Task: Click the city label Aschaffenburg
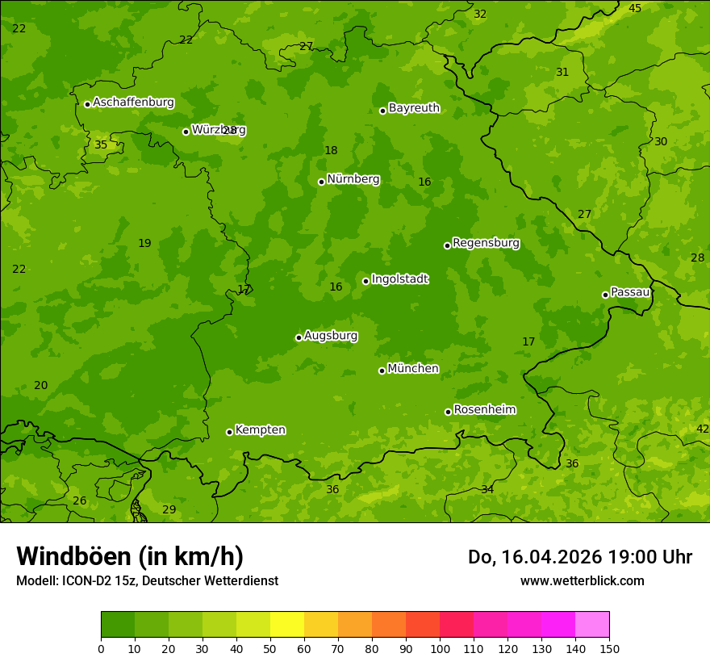[133, 103]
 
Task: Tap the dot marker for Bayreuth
[382, 111]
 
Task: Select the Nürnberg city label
[353, 179]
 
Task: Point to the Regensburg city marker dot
[447, 245]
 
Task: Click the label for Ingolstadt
[399, 279]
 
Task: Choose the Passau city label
[630, 292]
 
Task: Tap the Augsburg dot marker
[299, 337]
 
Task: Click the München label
[413, 369]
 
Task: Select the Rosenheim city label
[484, 410]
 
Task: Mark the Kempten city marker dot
[229, 432]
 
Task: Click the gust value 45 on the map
[635, 8]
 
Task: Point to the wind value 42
[703, 429]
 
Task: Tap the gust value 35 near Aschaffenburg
[101, 145]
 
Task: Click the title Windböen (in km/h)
[130, 556]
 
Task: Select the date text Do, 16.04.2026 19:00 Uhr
[579, 557]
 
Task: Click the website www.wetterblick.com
[582, 580]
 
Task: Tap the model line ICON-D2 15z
[147, 580]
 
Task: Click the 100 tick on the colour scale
[440, 648]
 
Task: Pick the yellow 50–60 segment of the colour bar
[287, 625]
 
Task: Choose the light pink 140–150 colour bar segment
[592, 625]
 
